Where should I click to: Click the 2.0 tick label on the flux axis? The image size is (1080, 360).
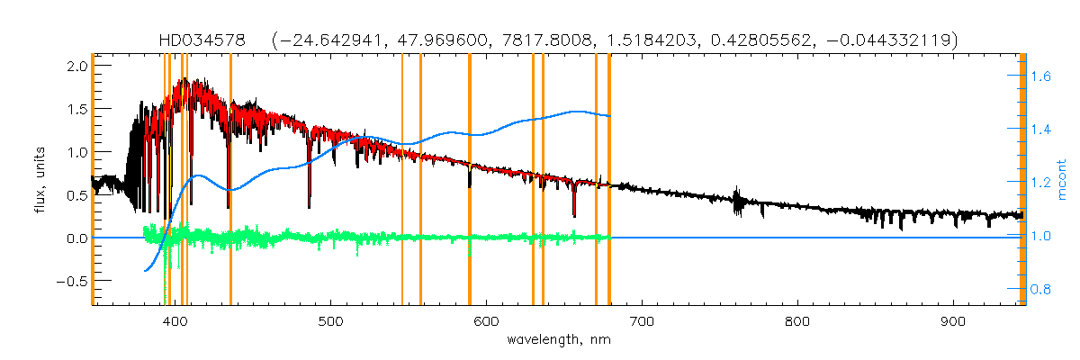(x=76, y=67)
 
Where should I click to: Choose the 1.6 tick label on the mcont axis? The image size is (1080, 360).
(x=1041, y=77)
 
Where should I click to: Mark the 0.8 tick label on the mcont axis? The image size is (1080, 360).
(x=1041, y=289)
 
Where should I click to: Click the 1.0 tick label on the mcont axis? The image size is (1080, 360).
(x=1041, y=237)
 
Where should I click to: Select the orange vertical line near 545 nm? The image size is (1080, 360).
(x=401, y=180)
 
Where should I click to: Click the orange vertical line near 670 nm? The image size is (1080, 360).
(x=596, y=180)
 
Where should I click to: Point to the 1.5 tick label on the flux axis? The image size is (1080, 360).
(x=76, y=109)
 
